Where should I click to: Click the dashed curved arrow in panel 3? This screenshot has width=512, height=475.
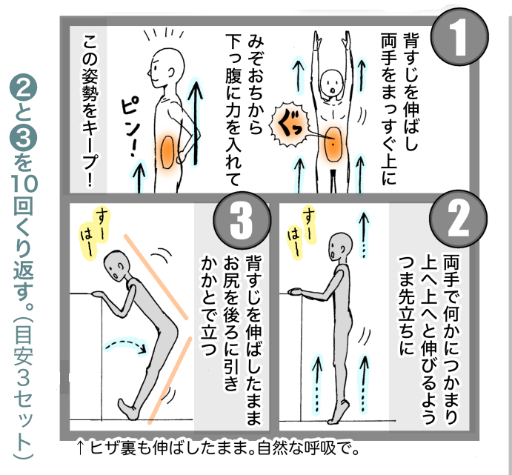[125, 344]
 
